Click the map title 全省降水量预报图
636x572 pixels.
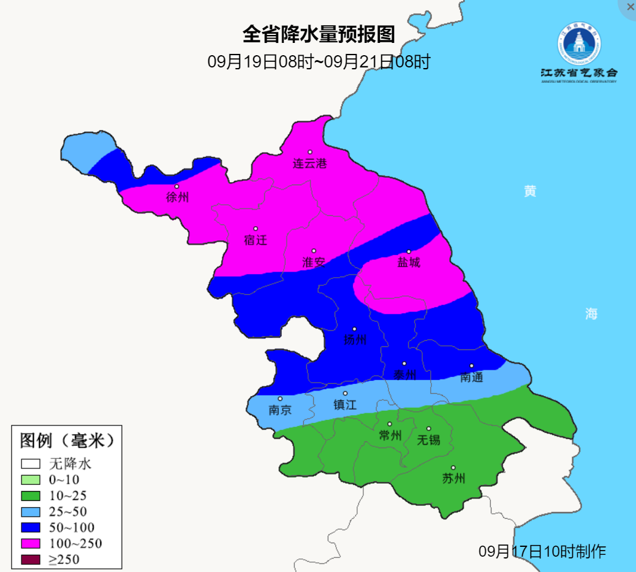coord(319,34)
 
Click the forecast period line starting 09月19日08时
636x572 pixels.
coord(319,61)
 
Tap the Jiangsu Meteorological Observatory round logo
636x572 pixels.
coord(579,44)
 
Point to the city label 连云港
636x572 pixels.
coord(309,164)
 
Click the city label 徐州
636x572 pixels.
coord(178,197)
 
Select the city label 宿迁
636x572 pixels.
coord(256,240)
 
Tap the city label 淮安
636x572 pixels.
coord(314,262)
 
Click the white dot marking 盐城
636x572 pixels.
coord(409,251)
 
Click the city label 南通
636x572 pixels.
coord(471,377)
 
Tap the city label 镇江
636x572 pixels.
coord(344,405)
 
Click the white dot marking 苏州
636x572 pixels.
coord(453,468)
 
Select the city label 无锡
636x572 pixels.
coord(428,440)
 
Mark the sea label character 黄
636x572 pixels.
coord(530,191)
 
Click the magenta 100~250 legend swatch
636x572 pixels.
coord(31,543)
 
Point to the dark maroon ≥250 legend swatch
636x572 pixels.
coord(31,559)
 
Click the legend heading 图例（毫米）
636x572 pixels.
coord(67,440)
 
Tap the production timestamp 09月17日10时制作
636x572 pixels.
coord(542,551)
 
